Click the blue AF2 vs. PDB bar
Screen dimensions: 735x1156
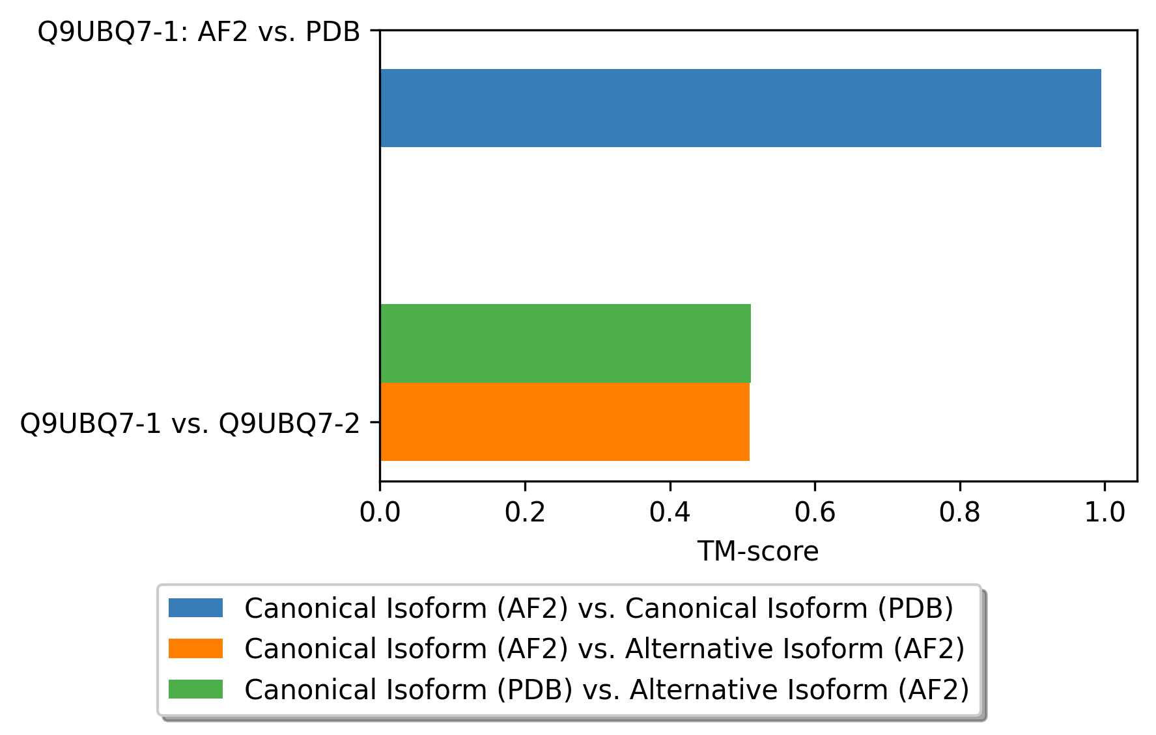click(740, 108)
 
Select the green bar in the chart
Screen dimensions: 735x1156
click(565, 343)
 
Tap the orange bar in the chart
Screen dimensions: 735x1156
click(564, 422)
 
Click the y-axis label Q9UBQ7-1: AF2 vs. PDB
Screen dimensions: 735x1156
click(199, 32)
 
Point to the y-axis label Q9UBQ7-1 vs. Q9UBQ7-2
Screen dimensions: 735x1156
click(190, 424)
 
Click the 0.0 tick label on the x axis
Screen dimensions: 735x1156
click(380, 513)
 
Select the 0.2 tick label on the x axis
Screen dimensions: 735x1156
click(525, 513)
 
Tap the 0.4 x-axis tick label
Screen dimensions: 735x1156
click(670, 513)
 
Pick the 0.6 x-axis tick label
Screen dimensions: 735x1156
click(815, 513)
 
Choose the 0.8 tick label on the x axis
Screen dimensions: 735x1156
click(959, 513)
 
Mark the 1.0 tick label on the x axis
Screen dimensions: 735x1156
click(1105, 513)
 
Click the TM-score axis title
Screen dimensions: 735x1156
click(758, 552)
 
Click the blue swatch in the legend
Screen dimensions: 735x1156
click(195, 608)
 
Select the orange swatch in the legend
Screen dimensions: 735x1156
click(195, 648)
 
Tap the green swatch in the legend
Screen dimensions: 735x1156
click(195, 689)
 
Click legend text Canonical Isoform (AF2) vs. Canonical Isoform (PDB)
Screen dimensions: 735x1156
click(599, 609)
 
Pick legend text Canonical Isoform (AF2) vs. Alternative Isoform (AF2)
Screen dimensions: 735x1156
click(604, 649)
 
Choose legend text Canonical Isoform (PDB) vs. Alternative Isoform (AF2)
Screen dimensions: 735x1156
click(606, 690)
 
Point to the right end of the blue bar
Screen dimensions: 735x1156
click(1100, 108)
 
